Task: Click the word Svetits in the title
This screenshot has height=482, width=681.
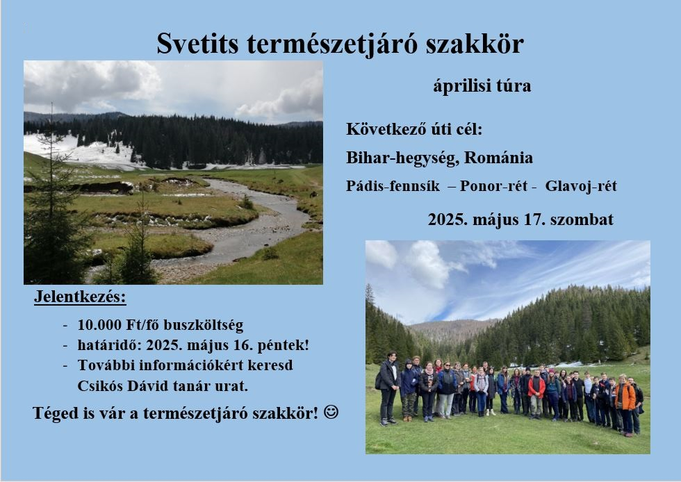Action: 197,44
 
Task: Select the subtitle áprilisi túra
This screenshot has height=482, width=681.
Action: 482,86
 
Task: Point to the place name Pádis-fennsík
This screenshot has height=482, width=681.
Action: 393,186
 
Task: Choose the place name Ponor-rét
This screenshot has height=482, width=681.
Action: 493,186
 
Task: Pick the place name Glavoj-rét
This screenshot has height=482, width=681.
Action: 581,186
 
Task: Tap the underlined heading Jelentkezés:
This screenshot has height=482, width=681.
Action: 80,297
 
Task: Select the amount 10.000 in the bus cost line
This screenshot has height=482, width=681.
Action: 99,325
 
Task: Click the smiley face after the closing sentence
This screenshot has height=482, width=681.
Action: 331,412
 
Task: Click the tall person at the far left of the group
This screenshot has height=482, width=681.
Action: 388,388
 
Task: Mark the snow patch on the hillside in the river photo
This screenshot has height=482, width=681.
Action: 83,151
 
